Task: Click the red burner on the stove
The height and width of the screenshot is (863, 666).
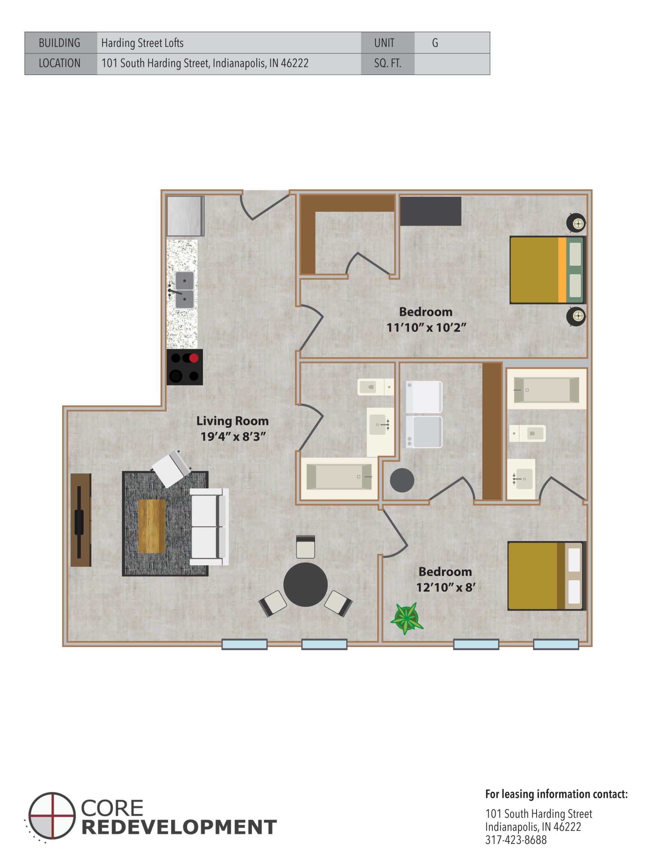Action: (194, 358)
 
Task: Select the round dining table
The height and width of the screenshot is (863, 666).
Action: (305, 584)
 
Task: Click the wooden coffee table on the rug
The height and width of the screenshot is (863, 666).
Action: (152, 526)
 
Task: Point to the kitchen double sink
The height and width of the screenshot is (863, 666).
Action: (184, 290)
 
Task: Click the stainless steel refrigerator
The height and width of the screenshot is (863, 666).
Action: (185, 216)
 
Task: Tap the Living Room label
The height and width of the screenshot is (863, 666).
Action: (232, 421)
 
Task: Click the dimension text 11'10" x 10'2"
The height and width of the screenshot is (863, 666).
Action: (426, 327)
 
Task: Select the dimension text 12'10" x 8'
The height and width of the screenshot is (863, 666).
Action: (446, 588)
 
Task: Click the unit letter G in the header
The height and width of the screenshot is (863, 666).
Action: (435, 43)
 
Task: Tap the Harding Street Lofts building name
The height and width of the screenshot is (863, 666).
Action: (143, 43)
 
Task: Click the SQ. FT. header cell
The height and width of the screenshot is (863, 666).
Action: (387, 64)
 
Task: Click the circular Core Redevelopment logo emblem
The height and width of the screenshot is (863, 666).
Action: (52, 815)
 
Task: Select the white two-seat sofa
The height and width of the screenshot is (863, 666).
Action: (209, 527)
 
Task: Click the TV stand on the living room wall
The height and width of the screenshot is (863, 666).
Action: (81, 520)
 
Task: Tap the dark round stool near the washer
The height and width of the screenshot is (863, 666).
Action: (402, 480)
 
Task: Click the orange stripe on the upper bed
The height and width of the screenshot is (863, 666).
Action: (562, 270)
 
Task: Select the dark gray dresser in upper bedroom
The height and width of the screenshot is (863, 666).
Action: (430, 211)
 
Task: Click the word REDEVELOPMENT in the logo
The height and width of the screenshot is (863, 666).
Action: (179, 827)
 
